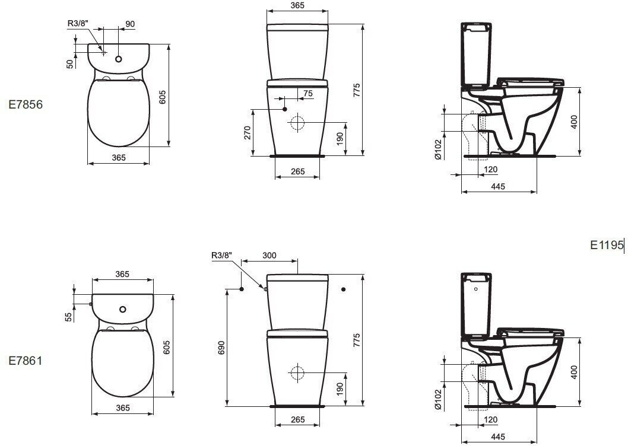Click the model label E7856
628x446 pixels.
tap(26, 104)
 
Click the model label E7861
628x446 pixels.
tap(26, 361)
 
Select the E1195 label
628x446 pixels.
tap(607, 245)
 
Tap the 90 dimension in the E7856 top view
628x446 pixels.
tap(130, 24)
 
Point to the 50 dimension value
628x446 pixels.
tap(71, 63)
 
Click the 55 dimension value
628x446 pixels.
tap(69, 317)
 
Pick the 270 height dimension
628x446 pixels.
tap(247, 132)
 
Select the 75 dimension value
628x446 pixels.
tap(308, 93)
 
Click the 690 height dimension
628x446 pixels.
tap(221, 348)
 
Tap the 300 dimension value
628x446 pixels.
tap(269, 256)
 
